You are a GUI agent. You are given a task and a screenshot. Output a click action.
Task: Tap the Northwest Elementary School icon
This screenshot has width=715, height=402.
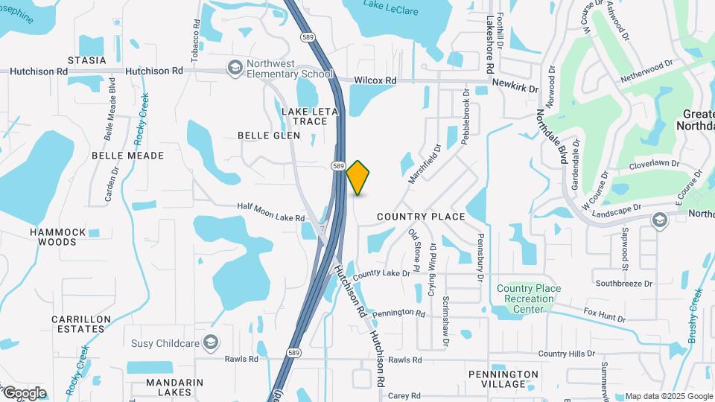(x=236, y=68)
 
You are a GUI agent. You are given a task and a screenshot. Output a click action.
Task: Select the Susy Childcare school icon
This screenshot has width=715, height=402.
(x=212, y=342)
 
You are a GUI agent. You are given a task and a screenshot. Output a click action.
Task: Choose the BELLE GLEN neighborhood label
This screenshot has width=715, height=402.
(x=269, y=135)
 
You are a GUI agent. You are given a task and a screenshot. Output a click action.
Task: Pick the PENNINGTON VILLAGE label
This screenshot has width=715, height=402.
(x=503, y=379)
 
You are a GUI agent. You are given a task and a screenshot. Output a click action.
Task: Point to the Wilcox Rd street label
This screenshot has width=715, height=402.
(x=375, y=80)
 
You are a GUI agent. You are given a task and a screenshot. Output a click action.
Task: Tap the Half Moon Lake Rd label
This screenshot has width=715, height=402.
(x=271, y=212)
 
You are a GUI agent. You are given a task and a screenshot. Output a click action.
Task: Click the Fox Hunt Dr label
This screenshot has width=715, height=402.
(x=604, y=315)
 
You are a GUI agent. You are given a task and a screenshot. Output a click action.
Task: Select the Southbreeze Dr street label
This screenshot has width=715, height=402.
(x=623, y=284)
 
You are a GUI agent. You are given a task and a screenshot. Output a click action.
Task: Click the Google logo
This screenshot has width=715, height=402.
(x=24, y=392)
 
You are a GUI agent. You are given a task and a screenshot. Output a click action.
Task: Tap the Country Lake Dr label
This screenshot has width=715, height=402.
(x=381, y=274)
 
